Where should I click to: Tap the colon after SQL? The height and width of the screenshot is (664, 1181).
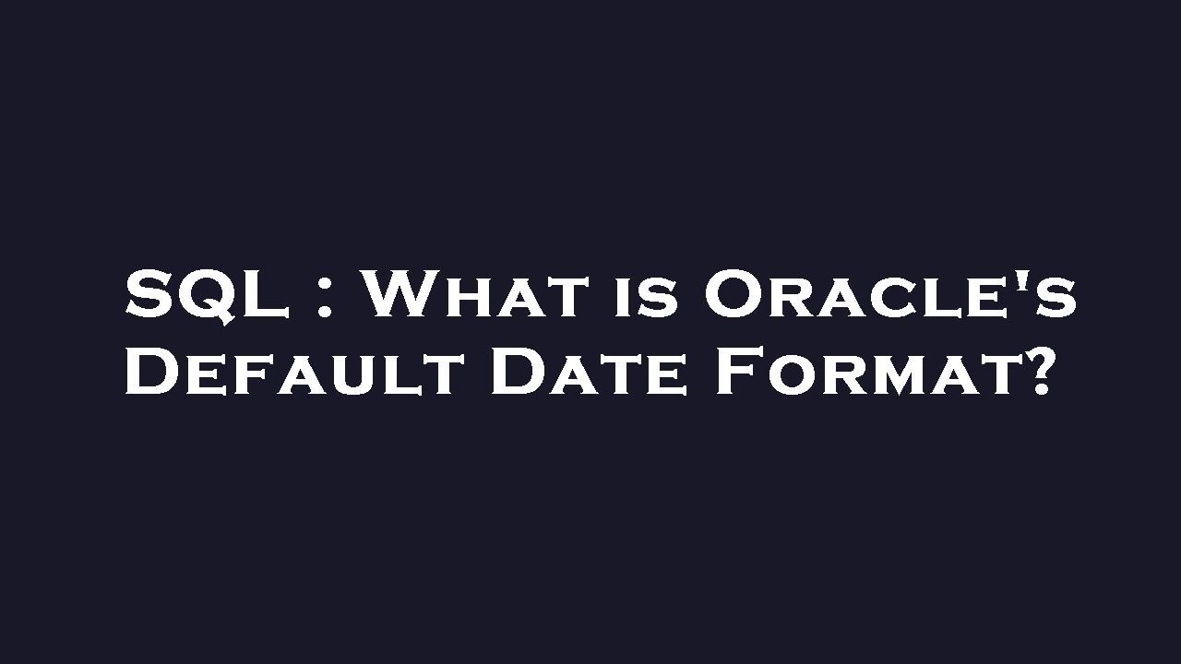[324, 296]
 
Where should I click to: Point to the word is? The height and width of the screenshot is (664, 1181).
[644, 298]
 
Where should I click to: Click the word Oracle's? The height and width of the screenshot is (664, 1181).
[890, 295]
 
